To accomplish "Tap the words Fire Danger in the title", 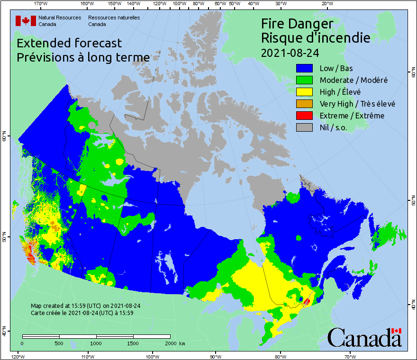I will pos(298,24).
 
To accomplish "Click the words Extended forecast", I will pos(69,43).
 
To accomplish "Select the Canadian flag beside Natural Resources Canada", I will pos(26,20).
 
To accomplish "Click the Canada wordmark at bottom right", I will pos(364,337).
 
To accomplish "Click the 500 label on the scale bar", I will pos(59,343).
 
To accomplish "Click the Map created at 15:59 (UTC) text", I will pos(85,306).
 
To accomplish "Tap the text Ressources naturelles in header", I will pos(114,18).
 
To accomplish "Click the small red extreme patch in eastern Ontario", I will pos(307,301).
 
